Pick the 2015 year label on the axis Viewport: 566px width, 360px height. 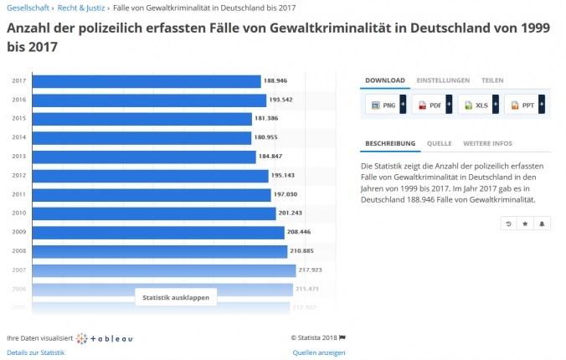pyautogui.click(x=18, y=119)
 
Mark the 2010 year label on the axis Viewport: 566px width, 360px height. pyautogui.click(x=18, y=213)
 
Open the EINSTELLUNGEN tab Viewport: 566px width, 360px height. pyautogui.click(x=443, y=80)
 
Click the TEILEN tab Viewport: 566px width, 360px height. pyautogui.click(x=492, y=80)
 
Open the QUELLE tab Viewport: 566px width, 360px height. pyautogui.click(x=439, y=143)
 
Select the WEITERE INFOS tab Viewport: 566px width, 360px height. pyautogui.click(x=487, y=143)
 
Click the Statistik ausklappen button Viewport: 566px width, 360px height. pyautogui.click(x=176, y=297)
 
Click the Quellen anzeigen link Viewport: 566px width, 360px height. pyautogui.click(x=319, y=352)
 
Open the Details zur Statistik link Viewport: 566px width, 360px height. pyautogui.click(x=35, y=352)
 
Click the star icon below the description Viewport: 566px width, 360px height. pyautogui.click(x=525, y=224)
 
